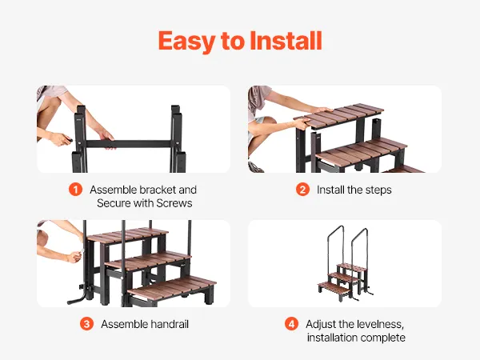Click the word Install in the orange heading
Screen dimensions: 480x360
pos(286,41)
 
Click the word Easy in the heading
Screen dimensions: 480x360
pos(186,42)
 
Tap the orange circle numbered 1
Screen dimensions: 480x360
pos(75,190)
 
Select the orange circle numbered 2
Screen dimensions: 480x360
pos(302,190)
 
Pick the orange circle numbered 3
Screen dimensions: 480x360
pos(86,324)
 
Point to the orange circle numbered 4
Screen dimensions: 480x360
pos(291,324)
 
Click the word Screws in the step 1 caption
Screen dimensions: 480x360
pos(174,203)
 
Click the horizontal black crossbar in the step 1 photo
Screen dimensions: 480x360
pos(129,144)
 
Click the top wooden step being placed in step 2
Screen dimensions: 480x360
pos(338,116)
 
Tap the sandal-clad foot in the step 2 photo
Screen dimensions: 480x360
pos(256,167)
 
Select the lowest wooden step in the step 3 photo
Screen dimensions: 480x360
pos(172,289)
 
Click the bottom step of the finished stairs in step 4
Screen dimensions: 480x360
pos(334,288)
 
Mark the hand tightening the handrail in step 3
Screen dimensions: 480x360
pos(74,256)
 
